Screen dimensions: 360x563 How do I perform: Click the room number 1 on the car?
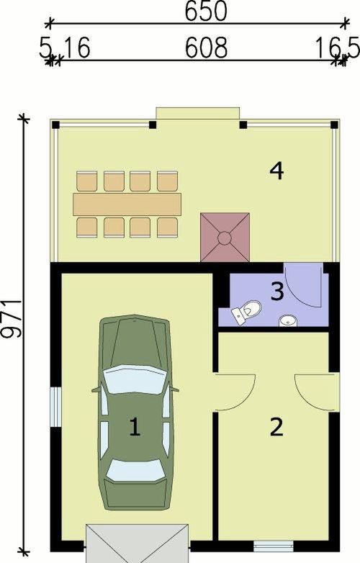click(135, 427)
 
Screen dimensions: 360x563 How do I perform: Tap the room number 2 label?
click(276, 427)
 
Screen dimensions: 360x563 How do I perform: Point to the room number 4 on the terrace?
click(276, 171)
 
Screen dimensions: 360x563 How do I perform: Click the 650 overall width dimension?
click(206, 11)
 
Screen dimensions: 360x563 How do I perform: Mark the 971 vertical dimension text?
click(12, 318)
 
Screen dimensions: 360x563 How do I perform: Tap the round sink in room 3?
click(288, 320)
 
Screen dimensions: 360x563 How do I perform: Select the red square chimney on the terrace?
click(225, 238)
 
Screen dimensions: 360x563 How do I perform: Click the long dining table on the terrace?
click(127, 204)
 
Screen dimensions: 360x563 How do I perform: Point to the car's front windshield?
click(135, 379)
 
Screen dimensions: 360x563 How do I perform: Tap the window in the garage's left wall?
click(55, 407)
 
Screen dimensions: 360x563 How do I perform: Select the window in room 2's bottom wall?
click(274, 546)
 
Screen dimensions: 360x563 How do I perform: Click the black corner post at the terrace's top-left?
click(55, 125)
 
